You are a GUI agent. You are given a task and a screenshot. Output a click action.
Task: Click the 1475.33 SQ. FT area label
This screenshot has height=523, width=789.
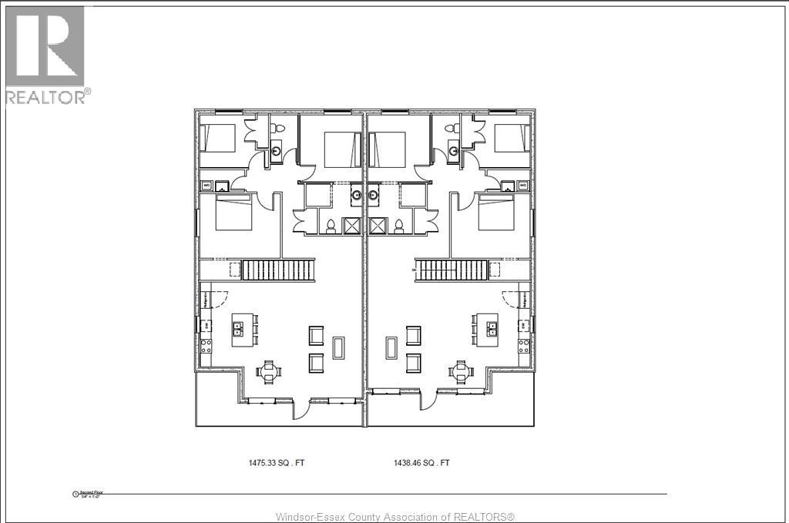[281, 463]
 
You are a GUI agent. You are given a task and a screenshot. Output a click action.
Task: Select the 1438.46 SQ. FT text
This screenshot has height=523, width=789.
[422, 463]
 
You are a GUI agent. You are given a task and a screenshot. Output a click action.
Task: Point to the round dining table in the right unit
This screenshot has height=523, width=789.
[461, 372]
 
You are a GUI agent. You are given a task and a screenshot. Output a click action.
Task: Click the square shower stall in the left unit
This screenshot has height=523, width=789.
[352, 226]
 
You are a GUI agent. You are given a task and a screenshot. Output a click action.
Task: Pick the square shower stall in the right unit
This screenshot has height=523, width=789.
[378, 226]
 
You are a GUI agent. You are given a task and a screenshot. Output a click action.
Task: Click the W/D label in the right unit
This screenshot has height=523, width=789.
[523, 186]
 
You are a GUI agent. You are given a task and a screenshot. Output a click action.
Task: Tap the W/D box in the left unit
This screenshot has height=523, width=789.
[206, 186]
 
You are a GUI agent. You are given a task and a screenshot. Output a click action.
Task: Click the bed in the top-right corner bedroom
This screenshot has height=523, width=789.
[512, 138]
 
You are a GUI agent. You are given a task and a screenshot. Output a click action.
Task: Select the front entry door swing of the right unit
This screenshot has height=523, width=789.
[427, 400]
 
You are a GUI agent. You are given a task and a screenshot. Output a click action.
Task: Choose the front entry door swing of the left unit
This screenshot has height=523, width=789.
[302, 408]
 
